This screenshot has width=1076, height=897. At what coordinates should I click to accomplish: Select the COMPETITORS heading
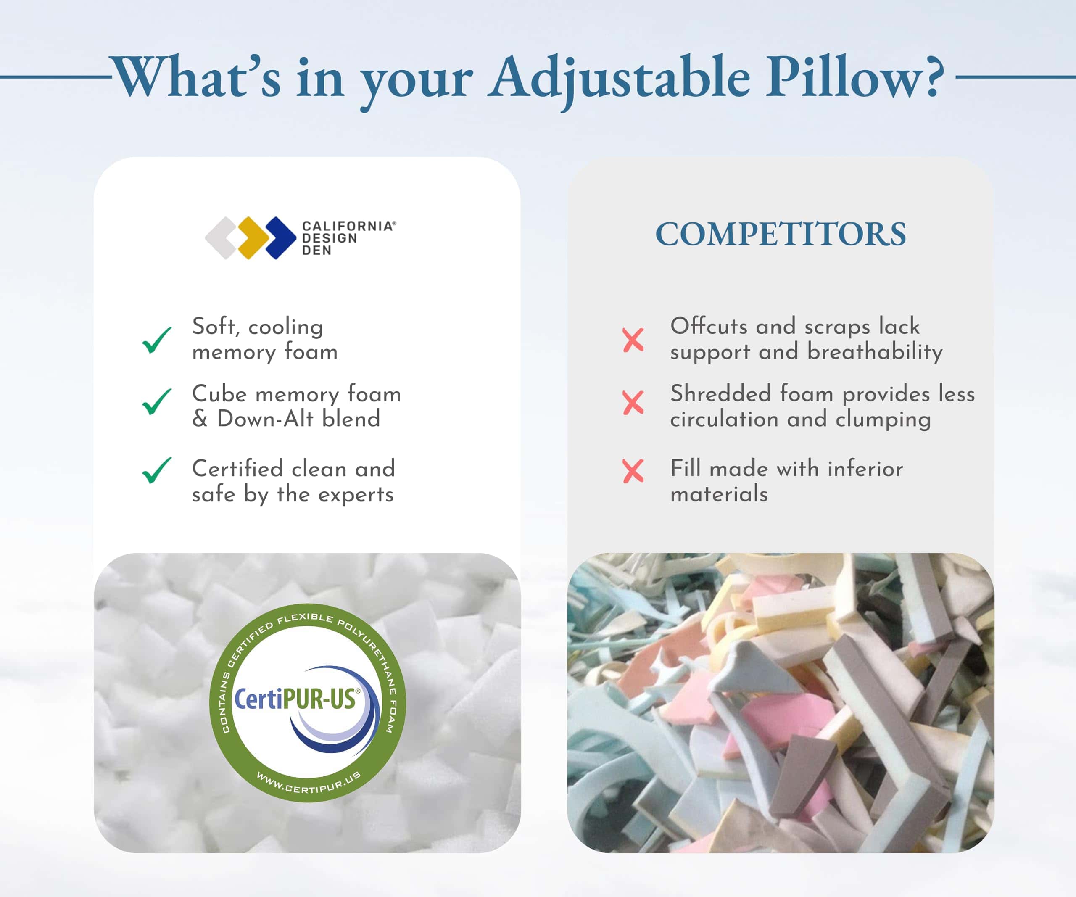781,234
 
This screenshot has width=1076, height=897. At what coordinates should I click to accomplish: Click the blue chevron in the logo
281,237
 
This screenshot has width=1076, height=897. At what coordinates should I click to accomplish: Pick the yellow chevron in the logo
253,237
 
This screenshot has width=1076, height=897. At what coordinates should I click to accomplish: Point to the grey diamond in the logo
221,237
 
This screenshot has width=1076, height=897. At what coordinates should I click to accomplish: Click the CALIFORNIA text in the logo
348,226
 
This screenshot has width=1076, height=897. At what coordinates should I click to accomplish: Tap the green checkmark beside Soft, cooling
157,340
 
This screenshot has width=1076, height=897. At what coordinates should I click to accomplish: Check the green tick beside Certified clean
157,470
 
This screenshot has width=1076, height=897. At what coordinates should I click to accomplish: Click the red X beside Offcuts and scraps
633,340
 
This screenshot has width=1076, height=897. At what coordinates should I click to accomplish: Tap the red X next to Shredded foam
633,403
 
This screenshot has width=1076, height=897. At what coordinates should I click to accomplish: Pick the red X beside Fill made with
633,471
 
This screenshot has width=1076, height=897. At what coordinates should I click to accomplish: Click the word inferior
865,469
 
